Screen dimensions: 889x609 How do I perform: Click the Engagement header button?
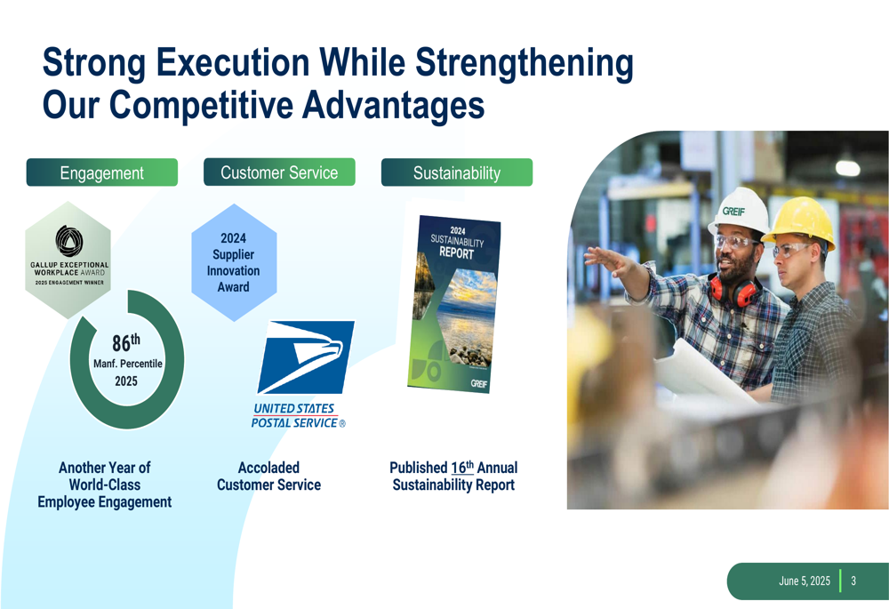point(102,172)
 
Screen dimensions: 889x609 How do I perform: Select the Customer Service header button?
point(279,172)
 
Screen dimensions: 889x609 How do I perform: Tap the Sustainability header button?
point(457,172)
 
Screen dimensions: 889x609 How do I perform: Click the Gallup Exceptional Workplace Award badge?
point(68,260)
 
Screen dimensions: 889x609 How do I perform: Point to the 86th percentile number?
point(126,342)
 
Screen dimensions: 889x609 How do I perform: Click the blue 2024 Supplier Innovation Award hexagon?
point(234,262)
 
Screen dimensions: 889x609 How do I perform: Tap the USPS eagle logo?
point(306,357)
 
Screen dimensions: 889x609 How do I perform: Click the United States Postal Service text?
point(298,416)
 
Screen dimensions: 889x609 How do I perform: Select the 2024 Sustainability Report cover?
point(454,304)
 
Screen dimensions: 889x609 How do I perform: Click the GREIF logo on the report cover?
point(479,384)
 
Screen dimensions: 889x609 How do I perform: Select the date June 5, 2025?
point(805,581)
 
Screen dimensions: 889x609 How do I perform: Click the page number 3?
point(853,581)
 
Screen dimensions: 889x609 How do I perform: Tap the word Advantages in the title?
point(394,105)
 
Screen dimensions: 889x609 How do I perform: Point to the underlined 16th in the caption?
point(462,468)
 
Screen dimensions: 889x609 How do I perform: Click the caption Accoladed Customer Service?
point(268,477)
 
